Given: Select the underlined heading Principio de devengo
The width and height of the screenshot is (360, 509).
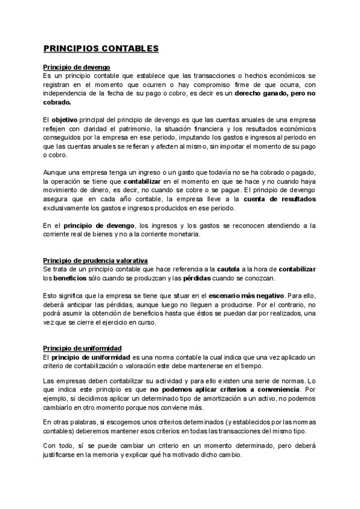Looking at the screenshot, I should point(76,67).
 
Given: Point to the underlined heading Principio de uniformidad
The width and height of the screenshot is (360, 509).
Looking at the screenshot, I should point(82,348).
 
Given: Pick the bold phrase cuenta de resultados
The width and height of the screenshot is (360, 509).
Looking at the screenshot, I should point(280,199).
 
